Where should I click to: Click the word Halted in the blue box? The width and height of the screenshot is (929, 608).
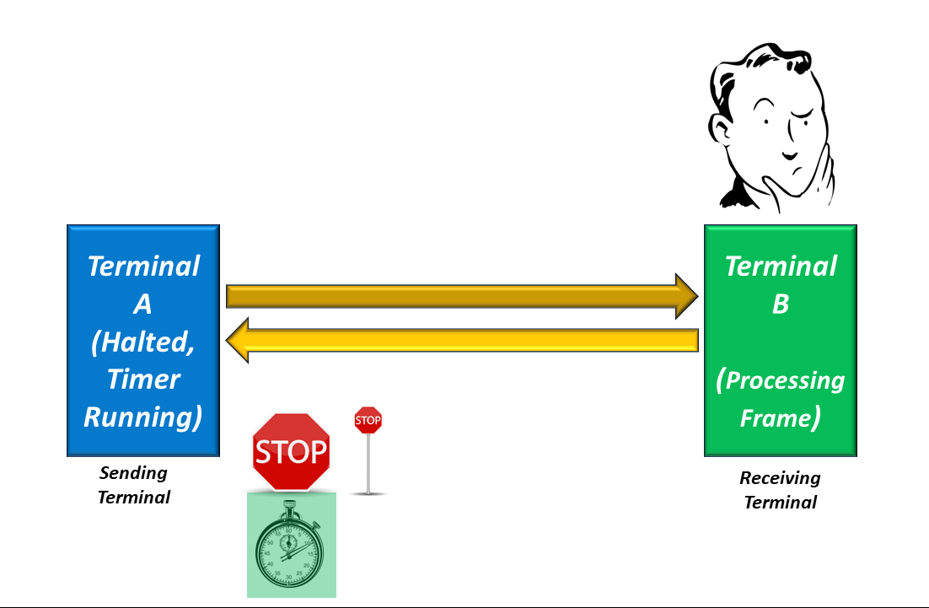147,342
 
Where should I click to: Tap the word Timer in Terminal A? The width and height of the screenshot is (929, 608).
143,379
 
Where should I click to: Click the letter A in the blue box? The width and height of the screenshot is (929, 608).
142,304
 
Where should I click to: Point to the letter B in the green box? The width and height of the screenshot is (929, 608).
781,304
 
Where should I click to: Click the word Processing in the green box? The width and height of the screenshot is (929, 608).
785,380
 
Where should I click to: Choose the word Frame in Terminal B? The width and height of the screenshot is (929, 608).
776,417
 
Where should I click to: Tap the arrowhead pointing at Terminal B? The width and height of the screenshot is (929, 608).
687,296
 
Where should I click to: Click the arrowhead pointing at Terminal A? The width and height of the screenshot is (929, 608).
237,340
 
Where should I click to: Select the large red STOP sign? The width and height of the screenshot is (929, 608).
291,451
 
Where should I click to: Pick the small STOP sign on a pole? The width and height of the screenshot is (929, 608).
368,420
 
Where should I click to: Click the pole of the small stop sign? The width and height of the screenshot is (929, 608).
368,463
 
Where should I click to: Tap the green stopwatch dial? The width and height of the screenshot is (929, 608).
290,552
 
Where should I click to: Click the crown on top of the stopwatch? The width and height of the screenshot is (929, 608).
289,505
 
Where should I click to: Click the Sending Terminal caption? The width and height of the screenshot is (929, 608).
134,485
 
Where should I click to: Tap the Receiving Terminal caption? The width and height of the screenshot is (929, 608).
781,490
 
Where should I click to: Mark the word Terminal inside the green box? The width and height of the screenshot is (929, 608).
781,266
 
